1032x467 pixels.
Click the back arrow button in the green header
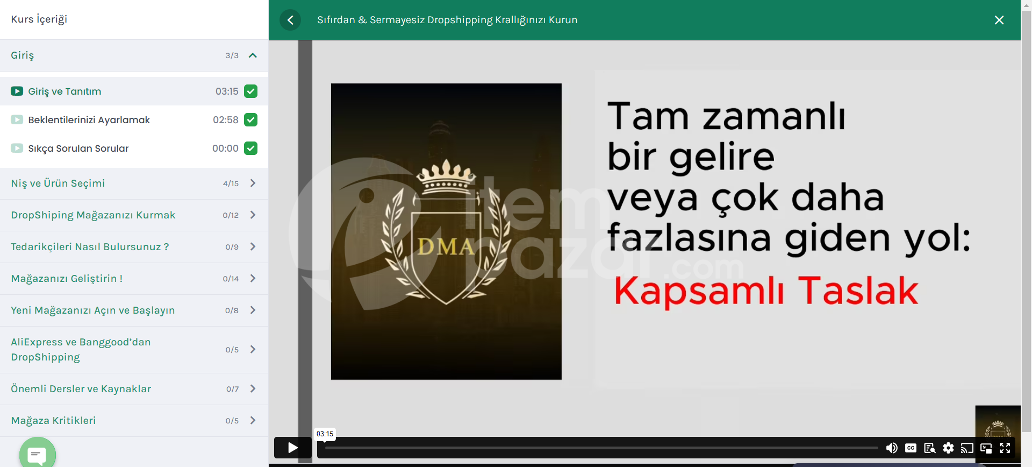(x=290, y=20)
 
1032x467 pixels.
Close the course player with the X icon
(x=999, y=20)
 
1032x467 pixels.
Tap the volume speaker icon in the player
(x=892, y=448)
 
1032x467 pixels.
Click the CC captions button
(x=911, y=448)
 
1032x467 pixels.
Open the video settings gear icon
(x=948, y=448)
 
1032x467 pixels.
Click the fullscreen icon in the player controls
(x=1005, y=448)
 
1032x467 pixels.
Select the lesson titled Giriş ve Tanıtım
(x=64, y=91)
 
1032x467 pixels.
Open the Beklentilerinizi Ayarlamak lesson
(x=89, y=120)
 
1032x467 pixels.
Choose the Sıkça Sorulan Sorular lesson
(x=78, y=148)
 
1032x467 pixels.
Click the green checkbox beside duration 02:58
(x=250, y=119)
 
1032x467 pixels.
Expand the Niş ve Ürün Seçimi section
(x=58, y=183)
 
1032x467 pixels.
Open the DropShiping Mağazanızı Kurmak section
(x=93, y=215)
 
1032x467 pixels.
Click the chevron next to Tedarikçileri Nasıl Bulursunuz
(x=253, y=246)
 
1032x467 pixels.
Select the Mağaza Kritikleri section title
(x=53, y=421)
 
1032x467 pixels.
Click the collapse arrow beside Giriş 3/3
(x=253, y=55)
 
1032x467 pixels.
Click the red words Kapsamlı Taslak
(x=766, y=291)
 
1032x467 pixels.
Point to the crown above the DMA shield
(x=446, y=176)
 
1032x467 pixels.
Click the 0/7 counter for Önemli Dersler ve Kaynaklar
(x=232, y=389)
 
